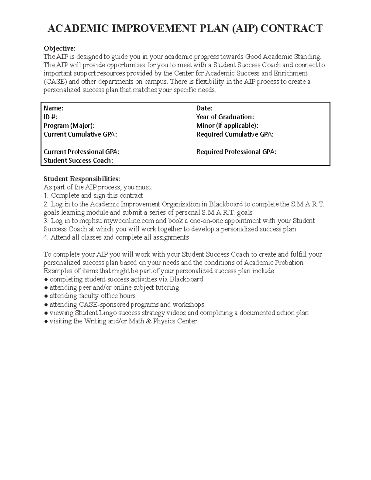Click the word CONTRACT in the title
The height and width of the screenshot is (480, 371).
(292, 28)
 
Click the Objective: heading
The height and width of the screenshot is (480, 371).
(59, 49)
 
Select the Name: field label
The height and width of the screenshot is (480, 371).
(53, 108)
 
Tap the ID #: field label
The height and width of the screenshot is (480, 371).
(50, 117)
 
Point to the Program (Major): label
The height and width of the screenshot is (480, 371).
(69, 125)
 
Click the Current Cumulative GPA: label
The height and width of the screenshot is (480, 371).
(80, 134)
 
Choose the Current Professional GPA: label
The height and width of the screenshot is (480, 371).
(82, 152)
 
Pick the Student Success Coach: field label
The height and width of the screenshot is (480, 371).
(78, 160)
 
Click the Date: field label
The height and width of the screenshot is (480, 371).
(204, 108)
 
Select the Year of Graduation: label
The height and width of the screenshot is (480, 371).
(225, 117)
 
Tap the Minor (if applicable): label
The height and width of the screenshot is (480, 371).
(227, 125)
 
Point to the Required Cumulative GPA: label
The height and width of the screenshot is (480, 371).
(235, 134)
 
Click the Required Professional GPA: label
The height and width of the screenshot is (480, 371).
(236, 152)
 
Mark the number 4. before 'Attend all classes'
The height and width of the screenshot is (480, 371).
(46, 238)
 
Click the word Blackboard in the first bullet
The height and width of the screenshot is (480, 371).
(186, 279)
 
